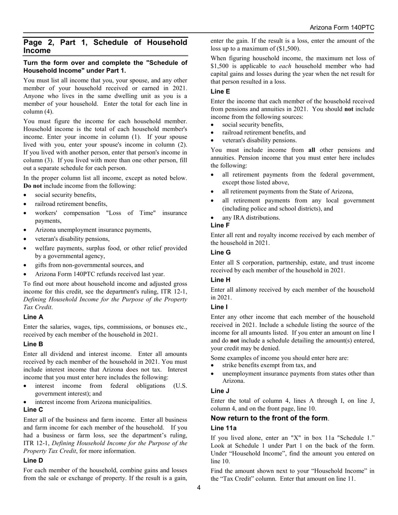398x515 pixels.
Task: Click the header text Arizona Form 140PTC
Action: (x=341, y=28)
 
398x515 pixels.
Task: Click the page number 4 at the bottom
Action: (x=199, y=487)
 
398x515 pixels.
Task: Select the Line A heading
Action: (x=33, y=317)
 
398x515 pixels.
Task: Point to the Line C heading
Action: (x=33, y=409)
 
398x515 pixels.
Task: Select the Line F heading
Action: (x=220, y=225)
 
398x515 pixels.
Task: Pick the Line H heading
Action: (x=220, y=280)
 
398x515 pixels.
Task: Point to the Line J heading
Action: (x=220, y=391)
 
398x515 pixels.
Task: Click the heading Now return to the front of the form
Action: (x=269, y=418)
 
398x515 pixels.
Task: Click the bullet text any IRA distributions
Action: (x=251, y=217)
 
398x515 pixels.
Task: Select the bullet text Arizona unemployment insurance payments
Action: (x=93, y=229)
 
